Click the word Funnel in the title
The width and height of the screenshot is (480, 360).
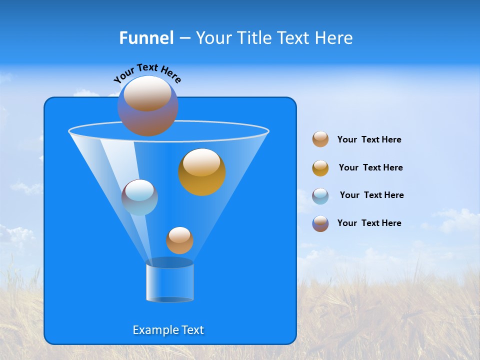coord(146,38)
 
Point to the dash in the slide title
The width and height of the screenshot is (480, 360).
coord(184,38)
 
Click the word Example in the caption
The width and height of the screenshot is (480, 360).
coord(155,330)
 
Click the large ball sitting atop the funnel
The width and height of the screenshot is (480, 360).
coord(147,105)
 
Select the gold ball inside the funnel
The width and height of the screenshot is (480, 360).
coord(201,172)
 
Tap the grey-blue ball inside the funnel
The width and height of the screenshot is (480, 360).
coord(139,197)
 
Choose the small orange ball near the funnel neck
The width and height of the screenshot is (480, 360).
coord(179,240)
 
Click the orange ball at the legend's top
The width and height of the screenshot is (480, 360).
coord(320,139)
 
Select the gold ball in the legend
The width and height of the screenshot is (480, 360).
coord(320,168)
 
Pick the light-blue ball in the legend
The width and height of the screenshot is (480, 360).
coord(320,196)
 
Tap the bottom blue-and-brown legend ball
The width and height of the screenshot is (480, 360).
coord(320,223)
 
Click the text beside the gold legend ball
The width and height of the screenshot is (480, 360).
coord(370,167)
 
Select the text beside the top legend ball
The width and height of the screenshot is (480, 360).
coord(369,139)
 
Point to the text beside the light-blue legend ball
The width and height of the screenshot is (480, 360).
coord(371,195)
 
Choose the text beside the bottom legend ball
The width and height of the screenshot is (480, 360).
coord(369,223)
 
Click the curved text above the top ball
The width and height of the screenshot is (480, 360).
coord(147,73)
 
